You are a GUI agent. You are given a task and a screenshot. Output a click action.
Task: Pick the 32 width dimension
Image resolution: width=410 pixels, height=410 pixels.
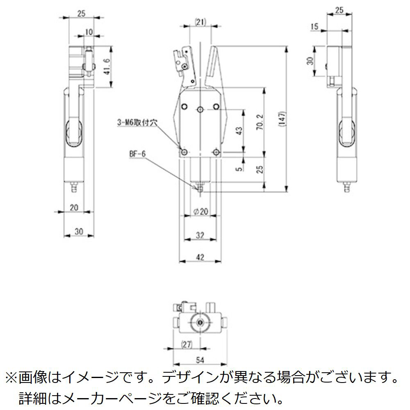coord(200,235)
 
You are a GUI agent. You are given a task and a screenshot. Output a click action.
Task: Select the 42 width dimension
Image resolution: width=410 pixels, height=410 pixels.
coord(200,257)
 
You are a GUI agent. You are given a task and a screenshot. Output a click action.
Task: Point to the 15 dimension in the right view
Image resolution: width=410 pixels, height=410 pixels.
coord(315,27)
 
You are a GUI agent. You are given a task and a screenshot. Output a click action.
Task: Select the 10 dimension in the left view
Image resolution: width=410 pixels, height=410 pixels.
coord(89,32)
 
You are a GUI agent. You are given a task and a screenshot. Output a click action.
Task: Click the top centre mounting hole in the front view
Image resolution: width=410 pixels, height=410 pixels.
coord(200,109)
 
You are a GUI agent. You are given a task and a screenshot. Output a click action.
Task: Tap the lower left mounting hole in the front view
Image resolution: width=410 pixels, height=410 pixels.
coord(184,153)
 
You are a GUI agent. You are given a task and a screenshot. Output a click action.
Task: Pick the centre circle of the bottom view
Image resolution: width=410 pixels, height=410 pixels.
coord(200,323)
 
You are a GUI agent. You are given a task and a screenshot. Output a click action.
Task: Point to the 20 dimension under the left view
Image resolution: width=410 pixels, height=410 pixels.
coord(74,207)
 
